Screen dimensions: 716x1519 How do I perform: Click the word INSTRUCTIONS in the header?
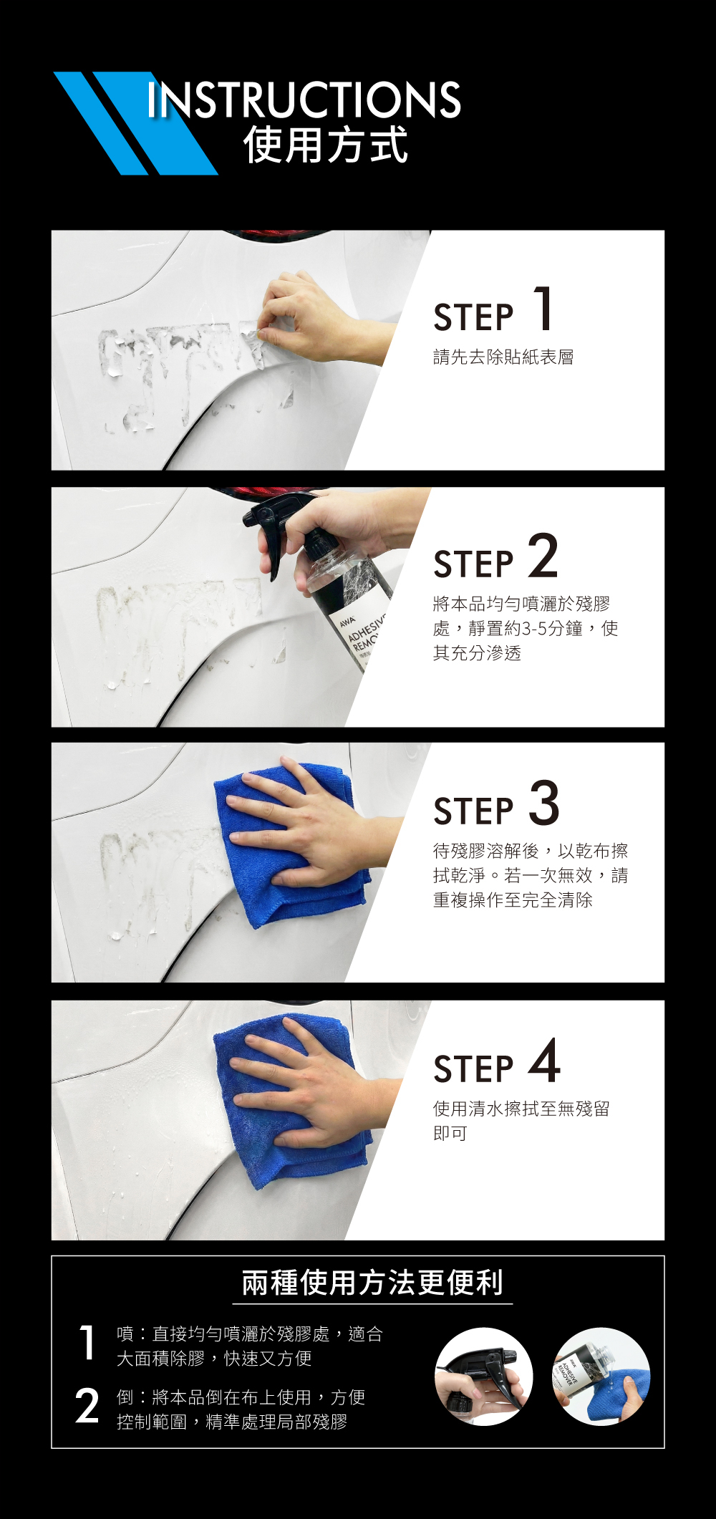pyautogui.click(x=304, y=100)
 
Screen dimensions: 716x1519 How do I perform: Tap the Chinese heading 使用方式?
pyautogui.click(x=326, y=145)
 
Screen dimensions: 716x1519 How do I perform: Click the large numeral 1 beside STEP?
pyautogui.click(x=544, y=309)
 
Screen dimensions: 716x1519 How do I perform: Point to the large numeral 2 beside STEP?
pyautogui.click(x=543, y=556)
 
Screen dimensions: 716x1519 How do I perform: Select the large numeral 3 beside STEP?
pyautogui.click(x=544, y=803)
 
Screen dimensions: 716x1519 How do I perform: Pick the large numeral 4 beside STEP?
pyautogui.click(x=544, y=1061)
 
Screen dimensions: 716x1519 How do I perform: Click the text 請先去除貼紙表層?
pyautogui.click(x=503, y=357)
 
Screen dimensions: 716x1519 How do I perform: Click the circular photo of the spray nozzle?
pyautogui.click(x=484, y=1377)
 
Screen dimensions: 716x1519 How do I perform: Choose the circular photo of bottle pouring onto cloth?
pyautogui.click(x=601, y=1377)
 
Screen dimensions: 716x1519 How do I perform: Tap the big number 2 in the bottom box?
pyautogui.click(x=87, y=1407)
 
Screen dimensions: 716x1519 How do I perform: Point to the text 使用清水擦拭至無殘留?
pyautogui.click(x=521, y=1109)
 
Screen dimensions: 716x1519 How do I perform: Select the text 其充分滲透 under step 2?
pyautogui.click(x=477, y=652)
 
